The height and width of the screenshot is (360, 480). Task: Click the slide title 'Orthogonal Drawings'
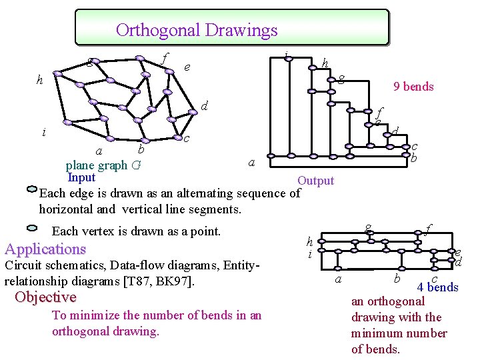[197, 30]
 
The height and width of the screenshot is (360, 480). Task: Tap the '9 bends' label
[413, 86]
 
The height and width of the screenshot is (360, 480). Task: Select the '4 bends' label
[437, 287]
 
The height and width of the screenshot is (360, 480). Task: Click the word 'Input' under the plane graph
[81, 177]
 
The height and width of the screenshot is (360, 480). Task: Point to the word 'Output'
[315, 181]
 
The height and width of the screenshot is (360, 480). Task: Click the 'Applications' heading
[45, 249]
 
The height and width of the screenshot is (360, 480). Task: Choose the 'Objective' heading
[45, 297]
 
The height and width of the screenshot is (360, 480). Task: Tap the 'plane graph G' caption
[103, 165]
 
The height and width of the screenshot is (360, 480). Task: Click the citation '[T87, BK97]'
[159, 281]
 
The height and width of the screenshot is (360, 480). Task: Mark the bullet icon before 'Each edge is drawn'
[32, 189]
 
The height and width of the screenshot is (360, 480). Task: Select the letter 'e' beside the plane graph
[187, 67]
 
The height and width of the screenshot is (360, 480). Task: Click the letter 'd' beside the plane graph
[205, 105]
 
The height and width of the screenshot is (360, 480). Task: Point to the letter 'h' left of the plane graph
[41, 81]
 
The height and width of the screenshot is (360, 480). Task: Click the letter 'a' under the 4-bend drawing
[338, 279]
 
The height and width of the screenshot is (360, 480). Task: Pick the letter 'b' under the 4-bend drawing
[396, 277]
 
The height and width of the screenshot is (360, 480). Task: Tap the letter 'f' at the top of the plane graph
[164, 59]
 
